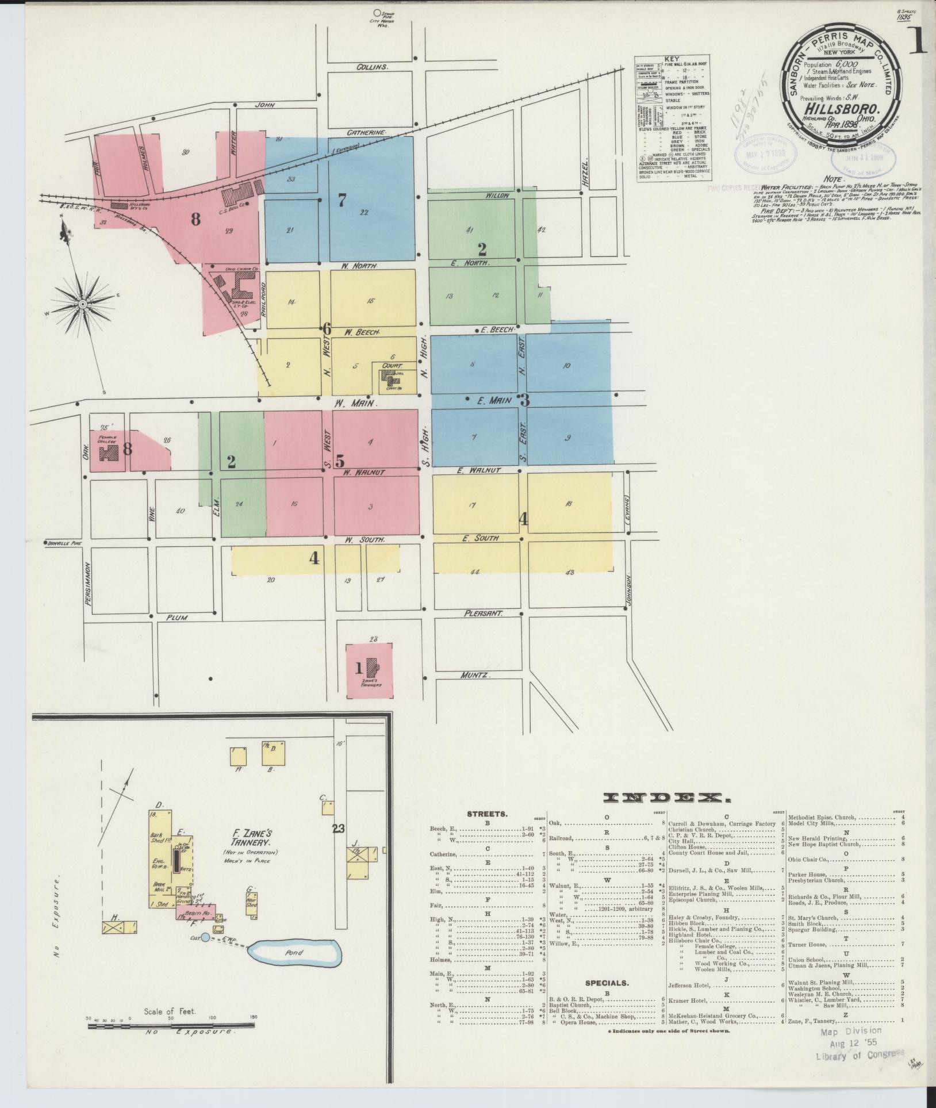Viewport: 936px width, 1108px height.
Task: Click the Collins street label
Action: pyautogui.click(x=372, y=67)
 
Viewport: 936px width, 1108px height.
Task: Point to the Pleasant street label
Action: pyautogui.click(x=484, y=614)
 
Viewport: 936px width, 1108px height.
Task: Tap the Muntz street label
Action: pyautogui.click(x=474, y=676)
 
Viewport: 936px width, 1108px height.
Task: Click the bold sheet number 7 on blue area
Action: pyautogui.click(x=342, y=201)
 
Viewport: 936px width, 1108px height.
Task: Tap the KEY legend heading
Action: pyautogui.click(x=671, y=59)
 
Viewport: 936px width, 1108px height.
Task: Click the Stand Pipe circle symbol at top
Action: pyautogui.click(x=377, y=12)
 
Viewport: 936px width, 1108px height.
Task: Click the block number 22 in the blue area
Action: pyautogui.click(x=364, y=212)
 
